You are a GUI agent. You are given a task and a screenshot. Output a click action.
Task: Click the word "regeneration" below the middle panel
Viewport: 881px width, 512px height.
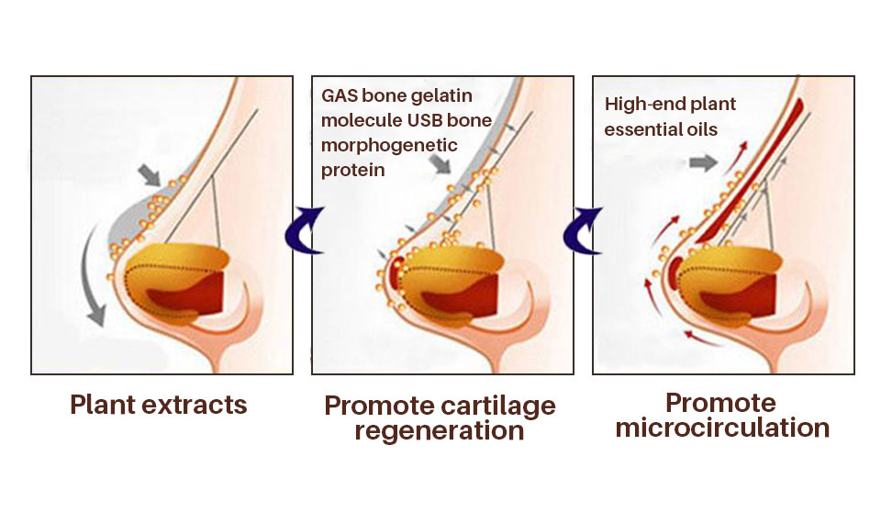[440, 430]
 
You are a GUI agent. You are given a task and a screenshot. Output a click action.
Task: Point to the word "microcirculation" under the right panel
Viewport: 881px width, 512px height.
[722, 428]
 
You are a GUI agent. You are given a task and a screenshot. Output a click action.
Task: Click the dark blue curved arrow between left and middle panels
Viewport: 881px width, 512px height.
[302, 229]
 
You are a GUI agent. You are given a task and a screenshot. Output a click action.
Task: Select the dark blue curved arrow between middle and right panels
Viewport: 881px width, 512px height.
[583, 229]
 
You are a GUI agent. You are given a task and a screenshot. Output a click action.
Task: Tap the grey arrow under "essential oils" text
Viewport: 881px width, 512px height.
[703, 163]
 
